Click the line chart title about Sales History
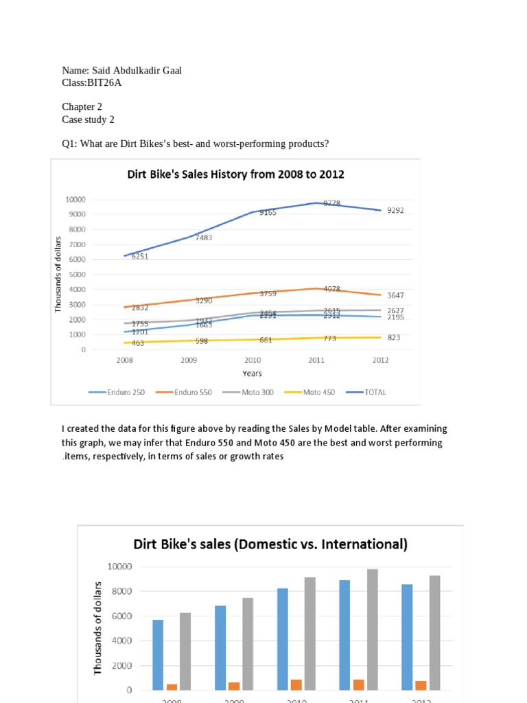click(x=235, y=174)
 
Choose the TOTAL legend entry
click(x=375, y=392)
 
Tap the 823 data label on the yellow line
click(x=394, y=338)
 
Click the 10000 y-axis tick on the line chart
click(x=75, y=200)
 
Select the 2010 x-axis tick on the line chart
click(x=252, y=360)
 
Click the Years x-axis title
click(x=252, y=373)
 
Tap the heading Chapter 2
click(x=82, y=106)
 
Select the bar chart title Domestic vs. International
click(x=270, y=544)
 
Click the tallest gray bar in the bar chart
click(x=373, y=629)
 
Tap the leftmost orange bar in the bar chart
click(x=172, y=687)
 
